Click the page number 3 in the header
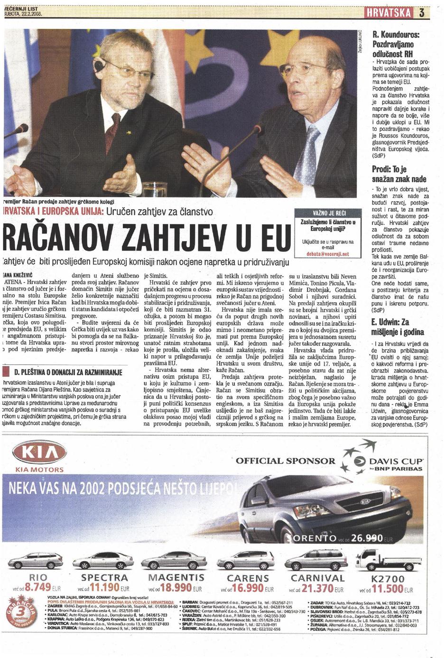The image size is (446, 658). coord(421,13)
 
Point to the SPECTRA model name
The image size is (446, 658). coord(104,577)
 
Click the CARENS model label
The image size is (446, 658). coord(248,578)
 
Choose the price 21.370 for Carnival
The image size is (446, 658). coord(318,588)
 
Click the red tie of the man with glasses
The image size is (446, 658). coord(112,130)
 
